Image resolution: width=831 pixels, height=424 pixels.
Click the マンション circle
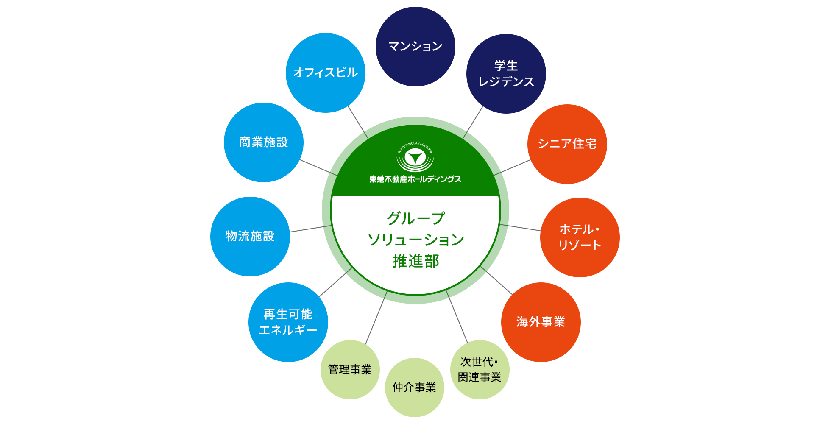click(x=415, y=47)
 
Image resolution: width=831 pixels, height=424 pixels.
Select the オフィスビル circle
click(x=326, y=73)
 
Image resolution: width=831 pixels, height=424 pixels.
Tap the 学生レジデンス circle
click(x=506, y=74)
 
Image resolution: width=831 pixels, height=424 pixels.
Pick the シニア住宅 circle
click(x=567, y=144)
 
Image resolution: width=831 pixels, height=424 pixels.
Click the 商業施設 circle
click(x=264, y=142)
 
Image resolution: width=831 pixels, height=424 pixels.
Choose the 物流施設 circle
click(x=250, y=237)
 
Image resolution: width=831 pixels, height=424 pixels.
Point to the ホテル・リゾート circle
click(x=580, y=237)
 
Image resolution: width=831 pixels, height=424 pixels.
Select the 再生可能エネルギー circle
click(x=288, y=322)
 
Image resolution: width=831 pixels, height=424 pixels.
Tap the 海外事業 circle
click(x=541, y=322)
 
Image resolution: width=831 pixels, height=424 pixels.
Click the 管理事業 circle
click(x=350, y=370)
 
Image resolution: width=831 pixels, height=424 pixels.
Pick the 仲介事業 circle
click(x=415, y=388)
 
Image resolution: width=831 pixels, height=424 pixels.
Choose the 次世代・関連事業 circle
click(x=480, y=370)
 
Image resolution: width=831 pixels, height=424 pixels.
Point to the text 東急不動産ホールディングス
click(x=415, y=179)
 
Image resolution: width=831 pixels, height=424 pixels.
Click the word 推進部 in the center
click(x=415, y=261)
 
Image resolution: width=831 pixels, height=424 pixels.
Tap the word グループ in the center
click(x=415, y=218)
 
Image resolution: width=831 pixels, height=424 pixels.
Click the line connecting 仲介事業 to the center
click(x=415, y=327)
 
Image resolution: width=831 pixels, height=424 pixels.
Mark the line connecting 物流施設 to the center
click(x=311, y=229)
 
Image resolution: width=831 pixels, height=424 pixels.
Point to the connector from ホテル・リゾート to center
click(x=520, y=228)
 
